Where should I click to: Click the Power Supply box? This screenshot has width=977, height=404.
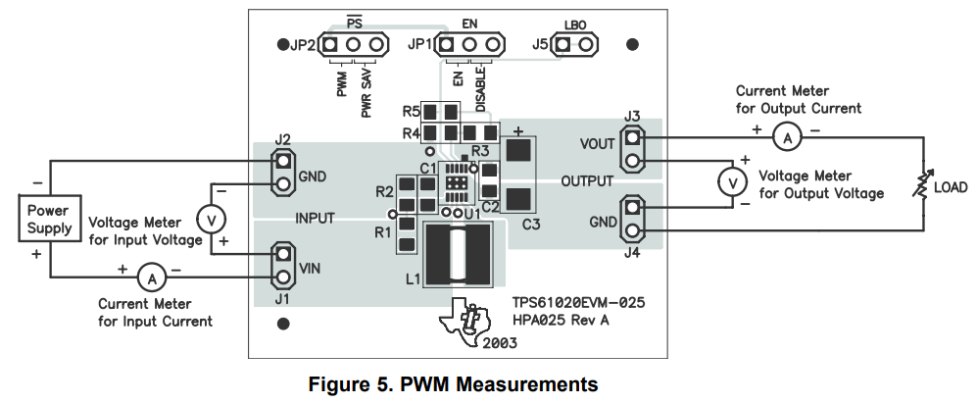pyautogui.click(x=49, y=219)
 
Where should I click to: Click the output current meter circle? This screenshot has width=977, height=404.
pyautogui.click(x=785, y=139)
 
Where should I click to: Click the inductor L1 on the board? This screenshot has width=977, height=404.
pyautogui.click(x=458, y=254)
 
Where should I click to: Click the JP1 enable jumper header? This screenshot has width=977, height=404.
pyautogui.click(x=469, y=45)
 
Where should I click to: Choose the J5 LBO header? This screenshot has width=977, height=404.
pyautogui.click(x=575, y=45)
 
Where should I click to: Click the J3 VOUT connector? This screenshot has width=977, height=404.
pyautogui.click(x=633, y=152)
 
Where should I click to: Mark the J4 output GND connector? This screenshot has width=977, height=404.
pyautogui.click(x=633, y=220)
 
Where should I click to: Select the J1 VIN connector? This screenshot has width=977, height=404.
pyautogui.click(x=282, y=265)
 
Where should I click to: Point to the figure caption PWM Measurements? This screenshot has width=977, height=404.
pyautogui.click(x=453, y=382)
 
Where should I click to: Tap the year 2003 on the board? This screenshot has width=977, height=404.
pyautogui.click(x=500, y=343)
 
